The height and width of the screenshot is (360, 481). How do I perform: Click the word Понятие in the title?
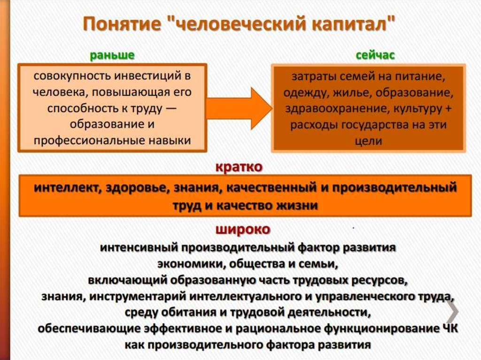click(x=122, y=24)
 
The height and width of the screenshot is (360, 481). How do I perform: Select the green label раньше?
click(x=112, y=55)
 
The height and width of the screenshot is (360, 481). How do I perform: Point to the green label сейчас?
click(x=375, y=55)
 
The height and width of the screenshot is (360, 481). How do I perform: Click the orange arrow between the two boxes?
click(x=239, y=108)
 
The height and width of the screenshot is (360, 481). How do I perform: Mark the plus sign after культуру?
click(x=449, y=108)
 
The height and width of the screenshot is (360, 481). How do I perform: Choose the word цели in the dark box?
click(x=368, y=141)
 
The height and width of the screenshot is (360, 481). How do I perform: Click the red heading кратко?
click(x=239, y=167)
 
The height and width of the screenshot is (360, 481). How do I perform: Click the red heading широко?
click(x=243, y=230)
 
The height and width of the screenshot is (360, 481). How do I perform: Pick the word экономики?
click(x=191, y=264)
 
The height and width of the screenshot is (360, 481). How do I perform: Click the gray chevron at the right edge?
click(x=453, y=311)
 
